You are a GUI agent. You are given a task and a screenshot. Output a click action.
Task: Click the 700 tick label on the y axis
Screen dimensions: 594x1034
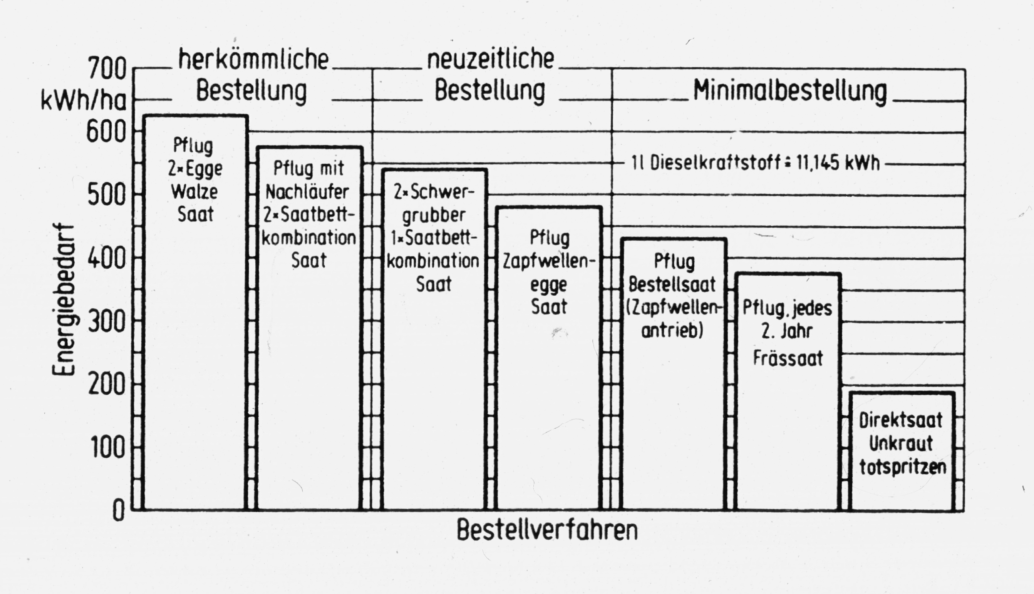pos(107,69)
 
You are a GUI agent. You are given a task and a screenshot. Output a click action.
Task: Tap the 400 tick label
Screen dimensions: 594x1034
pos(107,258)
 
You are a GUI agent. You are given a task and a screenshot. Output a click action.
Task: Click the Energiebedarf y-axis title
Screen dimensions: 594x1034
pos(64,300)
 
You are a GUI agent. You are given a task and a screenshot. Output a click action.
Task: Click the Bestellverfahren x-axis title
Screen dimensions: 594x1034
pos(547,530)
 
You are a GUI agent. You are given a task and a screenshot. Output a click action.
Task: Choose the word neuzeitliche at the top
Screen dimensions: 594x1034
pos(491,60)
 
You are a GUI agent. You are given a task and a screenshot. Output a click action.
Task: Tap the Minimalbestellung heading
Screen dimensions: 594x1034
pos(790,90)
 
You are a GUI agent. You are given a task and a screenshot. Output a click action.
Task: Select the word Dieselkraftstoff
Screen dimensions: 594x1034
pos(710,164)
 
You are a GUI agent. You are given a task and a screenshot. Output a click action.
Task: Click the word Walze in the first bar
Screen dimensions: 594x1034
pos(194,191)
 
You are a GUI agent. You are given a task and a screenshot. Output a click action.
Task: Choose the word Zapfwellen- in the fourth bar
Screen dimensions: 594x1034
pos(546,261)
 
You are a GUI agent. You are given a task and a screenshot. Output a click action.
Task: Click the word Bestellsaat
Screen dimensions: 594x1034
pos(672,284)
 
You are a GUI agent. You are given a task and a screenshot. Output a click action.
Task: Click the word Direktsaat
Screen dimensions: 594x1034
pos(901,421)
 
